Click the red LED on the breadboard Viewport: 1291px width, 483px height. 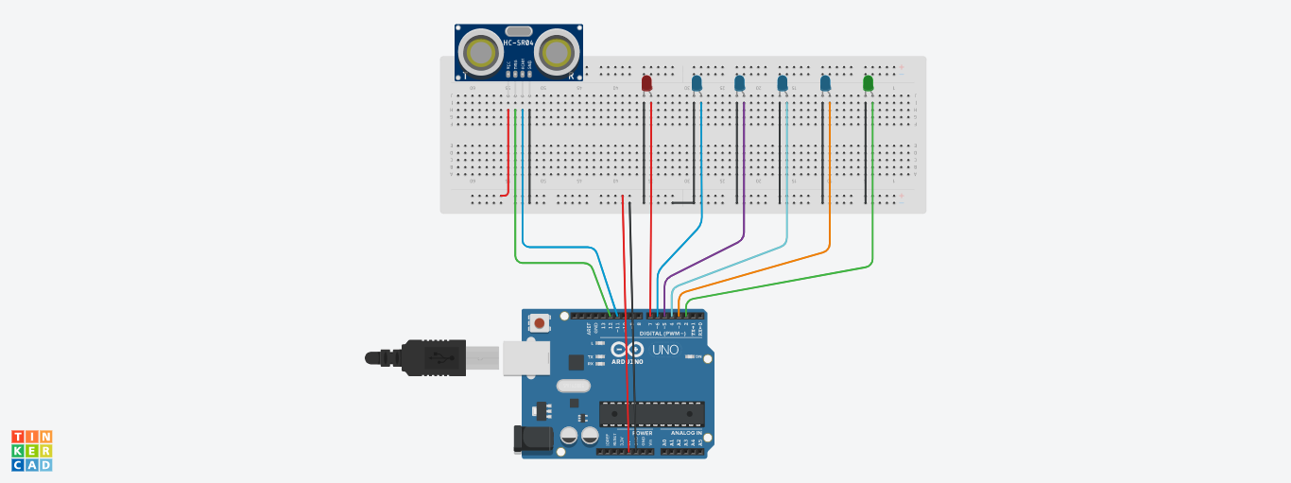coord(646,84)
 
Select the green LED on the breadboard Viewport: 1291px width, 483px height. coord(868,84)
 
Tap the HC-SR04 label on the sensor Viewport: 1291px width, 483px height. coord(518,42)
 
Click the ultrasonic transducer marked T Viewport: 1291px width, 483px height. coord(480,53)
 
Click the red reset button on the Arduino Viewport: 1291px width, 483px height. coord(539,323)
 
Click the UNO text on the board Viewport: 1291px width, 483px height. coord(664,350)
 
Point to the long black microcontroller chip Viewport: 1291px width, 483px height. coord(652,413)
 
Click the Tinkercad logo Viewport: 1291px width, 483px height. coord(31,450)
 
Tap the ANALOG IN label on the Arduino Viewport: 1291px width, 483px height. coord(686,433)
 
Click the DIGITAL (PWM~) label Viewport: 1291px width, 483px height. coord(663,333)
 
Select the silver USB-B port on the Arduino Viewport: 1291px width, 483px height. coord(525,358)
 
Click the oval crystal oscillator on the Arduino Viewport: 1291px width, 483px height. coord(573,385)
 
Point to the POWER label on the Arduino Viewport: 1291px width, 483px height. coord(643,433)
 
